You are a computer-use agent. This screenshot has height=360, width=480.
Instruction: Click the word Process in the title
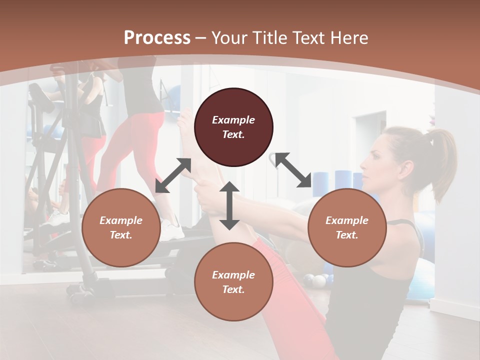tap(157, 38)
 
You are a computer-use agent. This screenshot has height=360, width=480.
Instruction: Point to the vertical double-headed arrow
tap(229, 205)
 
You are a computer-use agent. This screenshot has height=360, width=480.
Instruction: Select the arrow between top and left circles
tap(173, 175)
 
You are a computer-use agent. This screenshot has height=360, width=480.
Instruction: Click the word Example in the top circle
tap(233, 120)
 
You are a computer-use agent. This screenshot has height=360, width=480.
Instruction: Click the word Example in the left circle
tap(121, 220)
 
